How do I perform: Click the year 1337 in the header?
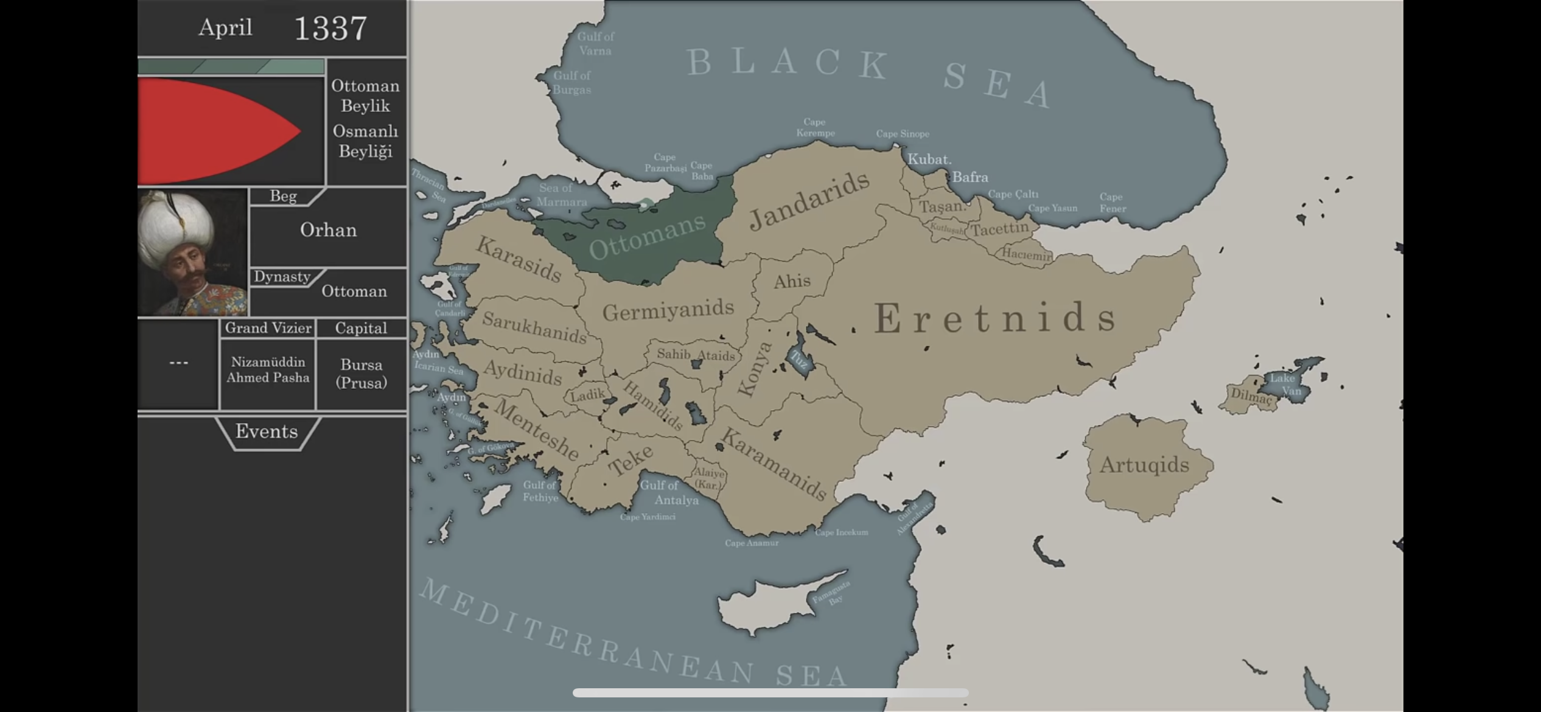pos(330,29)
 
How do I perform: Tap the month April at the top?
pos(225,27)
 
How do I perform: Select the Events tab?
pos(267,431)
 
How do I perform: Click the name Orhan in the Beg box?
pos(328,230)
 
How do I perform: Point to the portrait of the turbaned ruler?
pos(192,252)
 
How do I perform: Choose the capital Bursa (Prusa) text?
pos(362,373)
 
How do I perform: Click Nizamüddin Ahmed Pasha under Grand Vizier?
pos(268,369)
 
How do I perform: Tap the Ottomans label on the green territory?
pos(647,237)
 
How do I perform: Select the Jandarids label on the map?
pos(809,200)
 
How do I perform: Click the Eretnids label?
pos(996,318)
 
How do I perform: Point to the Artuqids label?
pos(1144,465)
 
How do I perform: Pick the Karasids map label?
pos(519,259)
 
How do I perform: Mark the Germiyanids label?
pos(668,310)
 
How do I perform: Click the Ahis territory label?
pos(792,281)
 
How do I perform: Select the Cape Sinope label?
pos(903,134)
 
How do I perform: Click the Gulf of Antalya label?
pos(668,492)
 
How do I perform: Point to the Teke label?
pos(631,459)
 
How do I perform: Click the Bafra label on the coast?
pos(970,177)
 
